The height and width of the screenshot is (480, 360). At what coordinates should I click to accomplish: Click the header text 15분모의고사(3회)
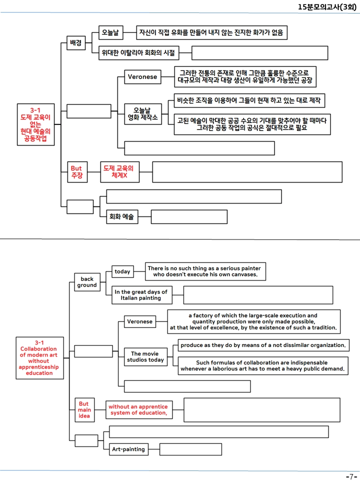click(327, 6)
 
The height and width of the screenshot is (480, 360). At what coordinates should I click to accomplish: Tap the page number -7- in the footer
click(351, 476)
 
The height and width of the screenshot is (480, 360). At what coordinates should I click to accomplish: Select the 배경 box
click(76, 42)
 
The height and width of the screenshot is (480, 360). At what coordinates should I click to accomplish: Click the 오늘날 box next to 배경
click(111, 32)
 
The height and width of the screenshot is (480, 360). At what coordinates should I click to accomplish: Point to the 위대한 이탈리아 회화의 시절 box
click(138, 53)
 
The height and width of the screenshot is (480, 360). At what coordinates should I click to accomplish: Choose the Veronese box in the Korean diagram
click(142, 76)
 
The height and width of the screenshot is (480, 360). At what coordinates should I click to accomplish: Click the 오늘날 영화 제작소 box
click(143, 114)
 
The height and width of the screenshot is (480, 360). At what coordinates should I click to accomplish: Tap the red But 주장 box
click(77, 172)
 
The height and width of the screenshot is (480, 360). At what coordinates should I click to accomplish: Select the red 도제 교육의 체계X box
click(119, 172)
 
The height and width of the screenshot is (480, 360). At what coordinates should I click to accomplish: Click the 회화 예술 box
click(122, 216)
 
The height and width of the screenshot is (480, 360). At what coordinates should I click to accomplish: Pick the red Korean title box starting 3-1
click(36, 124)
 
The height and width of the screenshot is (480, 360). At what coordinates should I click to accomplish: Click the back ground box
click(87, 282)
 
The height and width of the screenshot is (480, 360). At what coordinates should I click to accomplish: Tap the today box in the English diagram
click(122, 271)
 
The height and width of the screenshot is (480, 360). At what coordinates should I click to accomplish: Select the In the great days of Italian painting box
click(141, 295)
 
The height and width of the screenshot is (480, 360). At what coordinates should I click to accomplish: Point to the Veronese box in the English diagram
click(140, 321)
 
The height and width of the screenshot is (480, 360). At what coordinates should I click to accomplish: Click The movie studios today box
click(145, 357)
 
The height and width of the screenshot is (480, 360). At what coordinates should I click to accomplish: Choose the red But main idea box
click(84, 410)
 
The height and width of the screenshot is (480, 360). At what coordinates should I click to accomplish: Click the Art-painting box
click(128, 449)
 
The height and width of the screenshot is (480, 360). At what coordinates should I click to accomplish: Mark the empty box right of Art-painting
click(190, 449)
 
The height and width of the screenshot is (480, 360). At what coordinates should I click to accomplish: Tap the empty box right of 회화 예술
click(189, 216)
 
